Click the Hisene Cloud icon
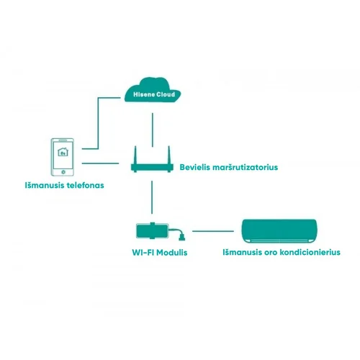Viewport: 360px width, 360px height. click(153, 90)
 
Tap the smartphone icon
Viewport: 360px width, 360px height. click(63, 157)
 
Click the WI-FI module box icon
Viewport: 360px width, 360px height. click(153, 231)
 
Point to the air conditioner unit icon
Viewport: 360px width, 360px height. click(279, 231)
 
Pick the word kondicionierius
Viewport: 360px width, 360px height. click(310, 252)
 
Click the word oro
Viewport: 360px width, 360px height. click(271, 253)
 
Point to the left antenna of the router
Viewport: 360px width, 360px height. click(135, 155)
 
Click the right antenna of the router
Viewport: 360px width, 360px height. click(169, 155)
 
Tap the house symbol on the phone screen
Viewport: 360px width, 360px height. click(63, 152)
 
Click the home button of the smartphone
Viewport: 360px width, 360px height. click(63, 172)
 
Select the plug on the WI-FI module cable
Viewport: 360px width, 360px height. click(182, 237)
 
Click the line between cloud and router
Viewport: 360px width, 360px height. click(153, 130)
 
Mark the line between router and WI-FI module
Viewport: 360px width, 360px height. click(152, 197)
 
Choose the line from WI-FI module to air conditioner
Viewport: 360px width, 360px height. click(213, 231)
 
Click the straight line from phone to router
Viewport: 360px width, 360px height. click(100, 163)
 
